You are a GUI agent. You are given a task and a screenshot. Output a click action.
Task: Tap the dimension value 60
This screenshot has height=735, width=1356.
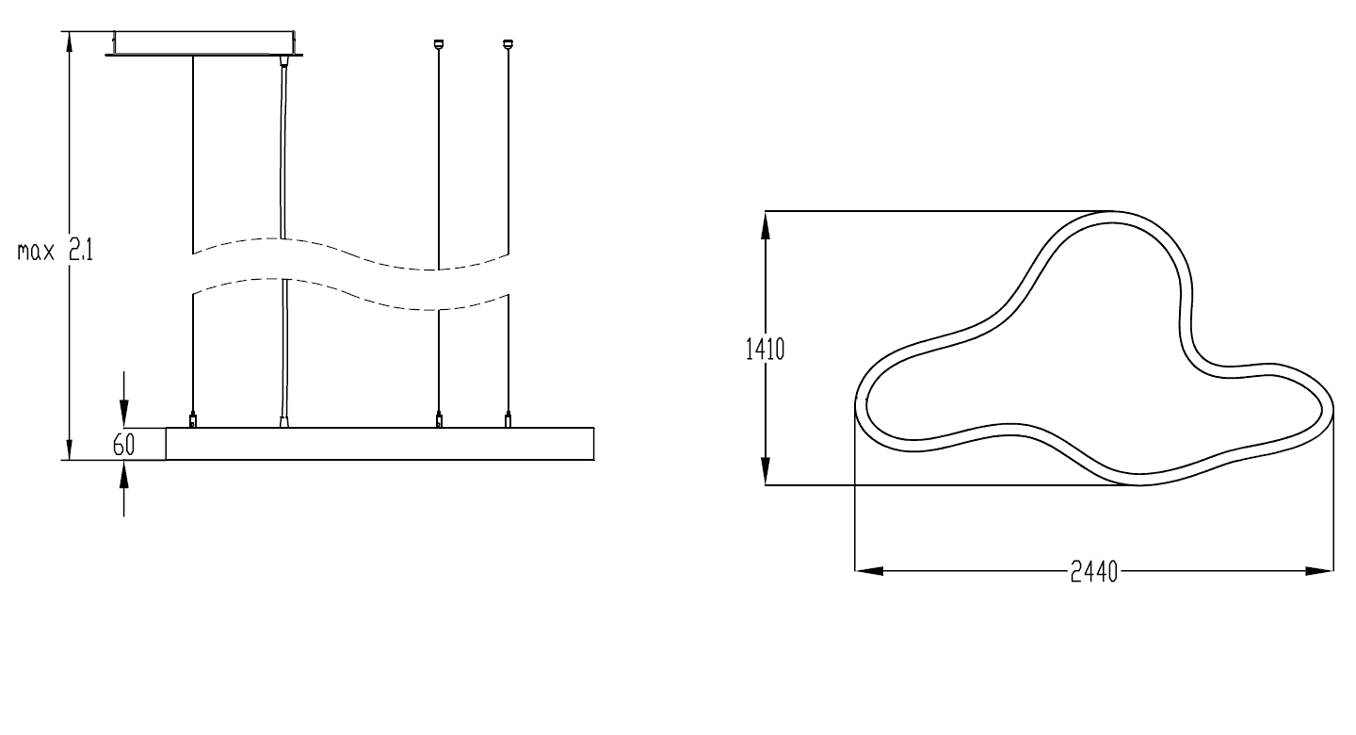[124, 445]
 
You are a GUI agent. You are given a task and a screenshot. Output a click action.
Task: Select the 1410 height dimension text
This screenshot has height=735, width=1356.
[765, 349]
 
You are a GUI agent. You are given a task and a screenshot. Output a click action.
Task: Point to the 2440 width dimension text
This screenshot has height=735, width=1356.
[1094, 571]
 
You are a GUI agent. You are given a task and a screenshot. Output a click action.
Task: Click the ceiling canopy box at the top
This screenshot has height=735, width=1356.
[204, 42]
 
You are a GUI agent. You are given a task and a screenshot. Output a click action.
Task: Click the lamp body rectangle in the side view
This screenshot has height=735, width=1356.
[379, 444]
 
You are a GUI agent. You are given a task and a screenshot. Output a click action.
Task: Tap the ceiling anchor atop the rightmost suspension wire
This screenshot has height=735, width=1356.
[508, 43]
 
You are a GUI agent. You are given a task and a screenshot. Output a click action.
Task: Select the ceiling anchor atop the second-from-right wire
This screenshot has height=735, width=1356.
[439, 43]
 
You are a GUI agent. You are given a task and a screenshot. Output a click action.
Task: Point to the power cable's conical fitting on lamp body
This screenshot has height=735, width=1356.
[284, 421]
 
